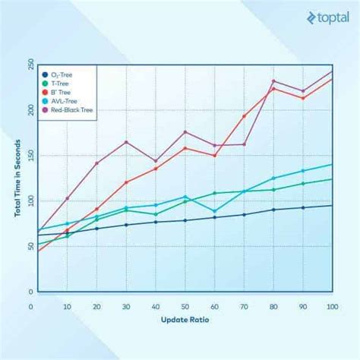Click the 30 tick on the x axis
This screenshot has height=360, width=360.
(x=126, y=306)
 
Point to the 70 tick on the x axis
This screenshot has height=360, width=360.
(x=244, y=306)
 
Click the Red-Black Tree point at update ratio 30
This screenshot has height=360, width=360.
(x=126, y=142)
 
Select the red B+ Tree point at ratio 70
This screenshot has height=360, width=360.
(x=244, y=116)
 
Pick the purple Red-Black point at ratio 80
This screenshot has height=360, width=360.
(x=273, y=81)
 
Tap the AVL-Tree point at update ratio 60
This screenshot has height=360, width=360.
(x=215, y=211)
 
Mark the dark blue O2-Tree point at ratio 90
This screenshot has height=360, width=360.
(x=303, y=207)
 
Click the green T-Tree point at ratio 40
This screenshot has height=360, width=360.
(x=156, y=214)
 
